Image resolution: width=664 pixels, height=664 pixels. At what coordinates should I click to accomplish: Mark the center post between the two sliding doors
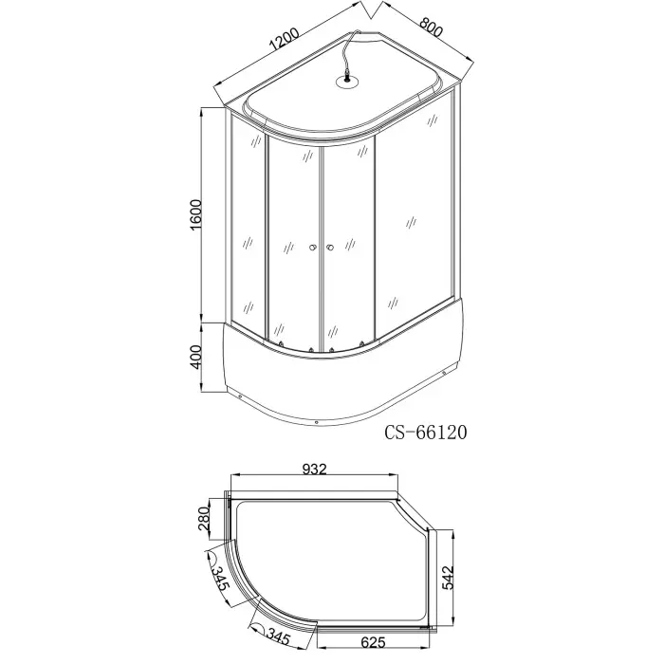320,247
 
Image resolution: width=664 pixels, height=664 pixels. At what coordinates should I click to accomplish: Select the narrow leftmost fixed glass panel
247,228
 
